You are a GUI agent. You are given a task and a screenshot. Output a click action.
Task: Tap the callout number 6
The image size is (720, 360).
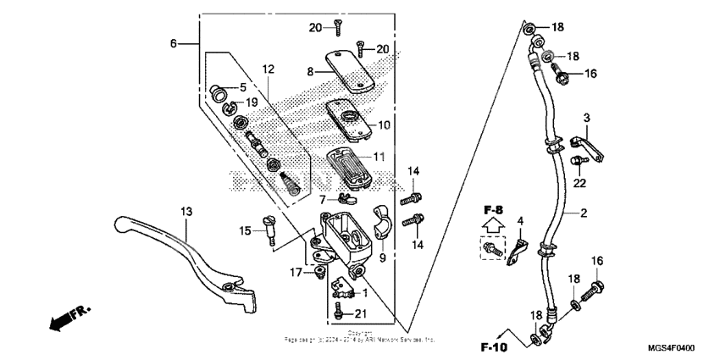pyautogui.click(x=173, y=43)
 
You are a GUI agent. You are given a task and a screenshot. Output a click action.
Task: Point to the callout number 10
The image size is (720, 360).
pyautogui.click(x=384, y=125)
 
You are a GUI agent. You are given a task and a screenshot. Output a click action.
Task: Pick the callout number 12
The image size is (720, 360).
pyautogui.click(x=268, y=69)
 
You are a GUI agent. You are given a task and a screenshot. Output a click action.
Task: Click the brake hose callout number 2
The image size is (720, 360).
pyautogui.click(x=583, y=213)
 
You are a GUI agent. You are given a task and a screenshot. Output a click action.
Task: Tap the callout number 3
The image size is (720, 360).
pyautogui.click(x=585, y=116)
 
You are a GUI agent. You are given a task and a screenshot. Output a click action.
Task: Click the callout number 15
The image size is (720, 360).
pyautogui.click(x=245, y=230)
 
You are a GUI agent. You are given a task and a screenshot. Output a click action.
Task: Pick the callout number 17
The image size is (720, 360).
pyautogui.click(x=296, y=273)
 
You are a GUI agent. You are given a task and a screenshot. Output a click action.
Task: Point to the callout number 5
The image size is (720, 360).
pyautogui.click(x=242, y=86)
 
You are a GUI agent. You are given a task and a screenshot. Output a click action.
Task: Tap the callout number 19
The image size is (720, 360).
pyautogui.click(x=252, y=102)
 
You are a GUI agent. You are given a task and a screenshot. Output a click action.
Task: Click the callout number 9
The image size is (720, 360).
pyautogui.click(x=381, y=258)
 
